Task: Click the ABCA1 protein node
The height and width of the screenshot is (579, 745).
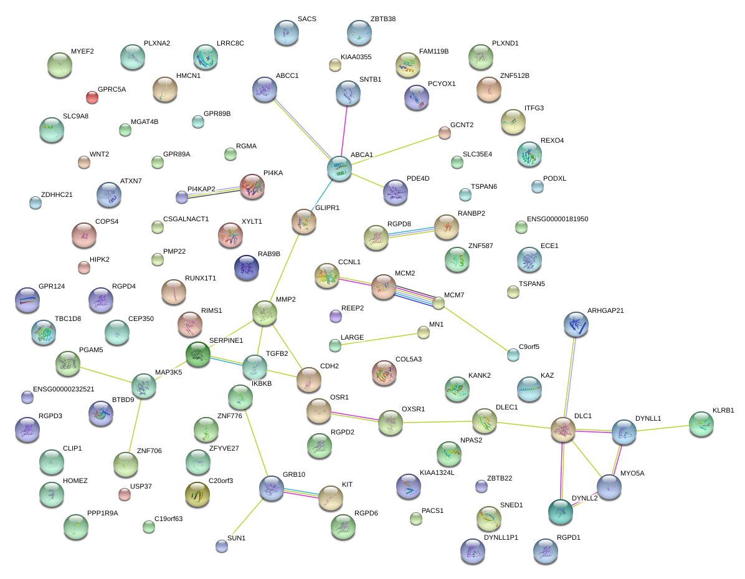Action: (339, 168)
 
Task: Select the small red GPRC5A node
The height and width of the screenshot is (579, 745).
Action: (92, 97)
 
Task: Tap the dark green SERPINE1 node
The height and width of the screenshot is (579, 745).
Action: (197, 354)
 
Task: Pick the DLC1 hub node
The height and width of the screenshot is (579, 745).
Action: (563, 430)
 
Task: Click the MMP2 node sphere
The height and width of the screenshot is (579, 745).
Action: (265, 313)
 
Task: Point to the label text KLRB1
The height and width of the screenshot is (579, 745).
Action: (723, 410)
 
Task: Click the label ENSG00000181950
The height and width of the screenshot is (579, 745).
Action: (558, 219)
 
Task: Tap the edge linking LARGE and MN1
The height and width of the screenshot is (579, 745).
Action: (379, 340)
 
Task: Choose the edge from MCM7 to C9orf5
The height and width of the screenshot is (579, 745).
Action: (476, 329)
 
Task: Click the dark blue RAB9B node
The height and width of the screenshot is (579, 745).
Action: (247, 267)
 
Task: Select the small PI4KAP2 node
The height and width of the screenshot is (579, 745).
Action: (181, 197)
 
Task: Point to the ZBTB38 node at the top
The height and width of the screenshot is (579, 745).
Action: (359, 32)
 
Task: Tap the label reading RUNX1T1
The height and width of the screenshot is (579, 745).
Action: (201, 278)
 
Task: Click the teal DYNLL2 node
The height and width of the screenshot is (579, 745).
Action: (561, 512)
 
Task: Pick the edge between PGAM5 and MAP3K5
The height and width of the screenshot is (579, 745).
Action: (105, 374)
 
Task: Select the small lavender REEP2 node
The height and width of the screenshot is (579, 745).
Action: (336, 316)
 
